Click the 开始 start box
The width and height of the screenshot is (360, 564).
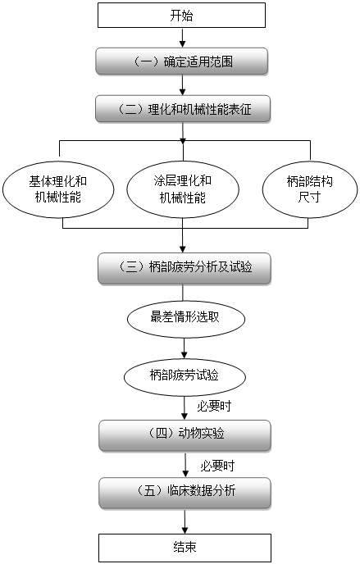pos(181,15)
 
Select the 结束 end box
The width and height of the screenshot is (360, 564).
pos(185,548)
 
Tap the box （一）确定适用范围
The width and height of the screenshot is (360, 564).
pos(181,61)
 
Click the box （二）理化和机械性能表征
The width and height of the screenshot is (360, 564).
pos(183,109)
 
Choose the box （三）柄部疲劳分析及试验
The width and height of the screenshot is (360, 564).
pos(185,268)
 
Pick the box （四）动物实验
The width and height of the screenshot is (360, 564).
pos(185,435)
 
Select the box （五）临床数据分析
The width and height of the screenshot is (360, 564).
pos(185,493)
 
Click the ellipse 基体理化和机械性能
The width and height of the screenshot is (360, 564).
pos(58,189)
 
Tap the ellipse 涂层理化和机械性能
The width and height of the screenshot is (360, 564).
pos(183,189)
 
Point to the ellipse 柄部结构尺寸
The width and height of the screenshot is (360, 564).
pos(310,189)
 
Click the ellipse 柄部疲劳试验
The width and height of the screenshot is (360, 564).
pos(185,377)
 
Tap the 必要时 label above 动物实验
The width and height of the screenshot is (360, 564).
pos(214,407)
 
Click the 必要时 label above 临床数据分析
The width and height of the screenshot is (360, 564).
pos(217,466)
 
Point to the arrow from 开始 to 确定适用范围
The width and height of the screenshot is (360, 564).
pos(182,38)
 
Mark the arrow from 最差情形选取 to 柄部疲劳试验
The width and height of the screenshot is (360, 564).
pos(185,348)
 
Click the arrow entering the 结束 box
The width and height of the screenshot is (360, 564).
pos(185,521)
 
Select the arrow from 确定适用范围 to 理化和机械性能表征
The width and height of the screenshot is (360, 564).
pos(182,85)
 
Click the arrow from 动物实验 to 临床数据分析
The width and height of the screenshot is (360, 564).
pos(185,464)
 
